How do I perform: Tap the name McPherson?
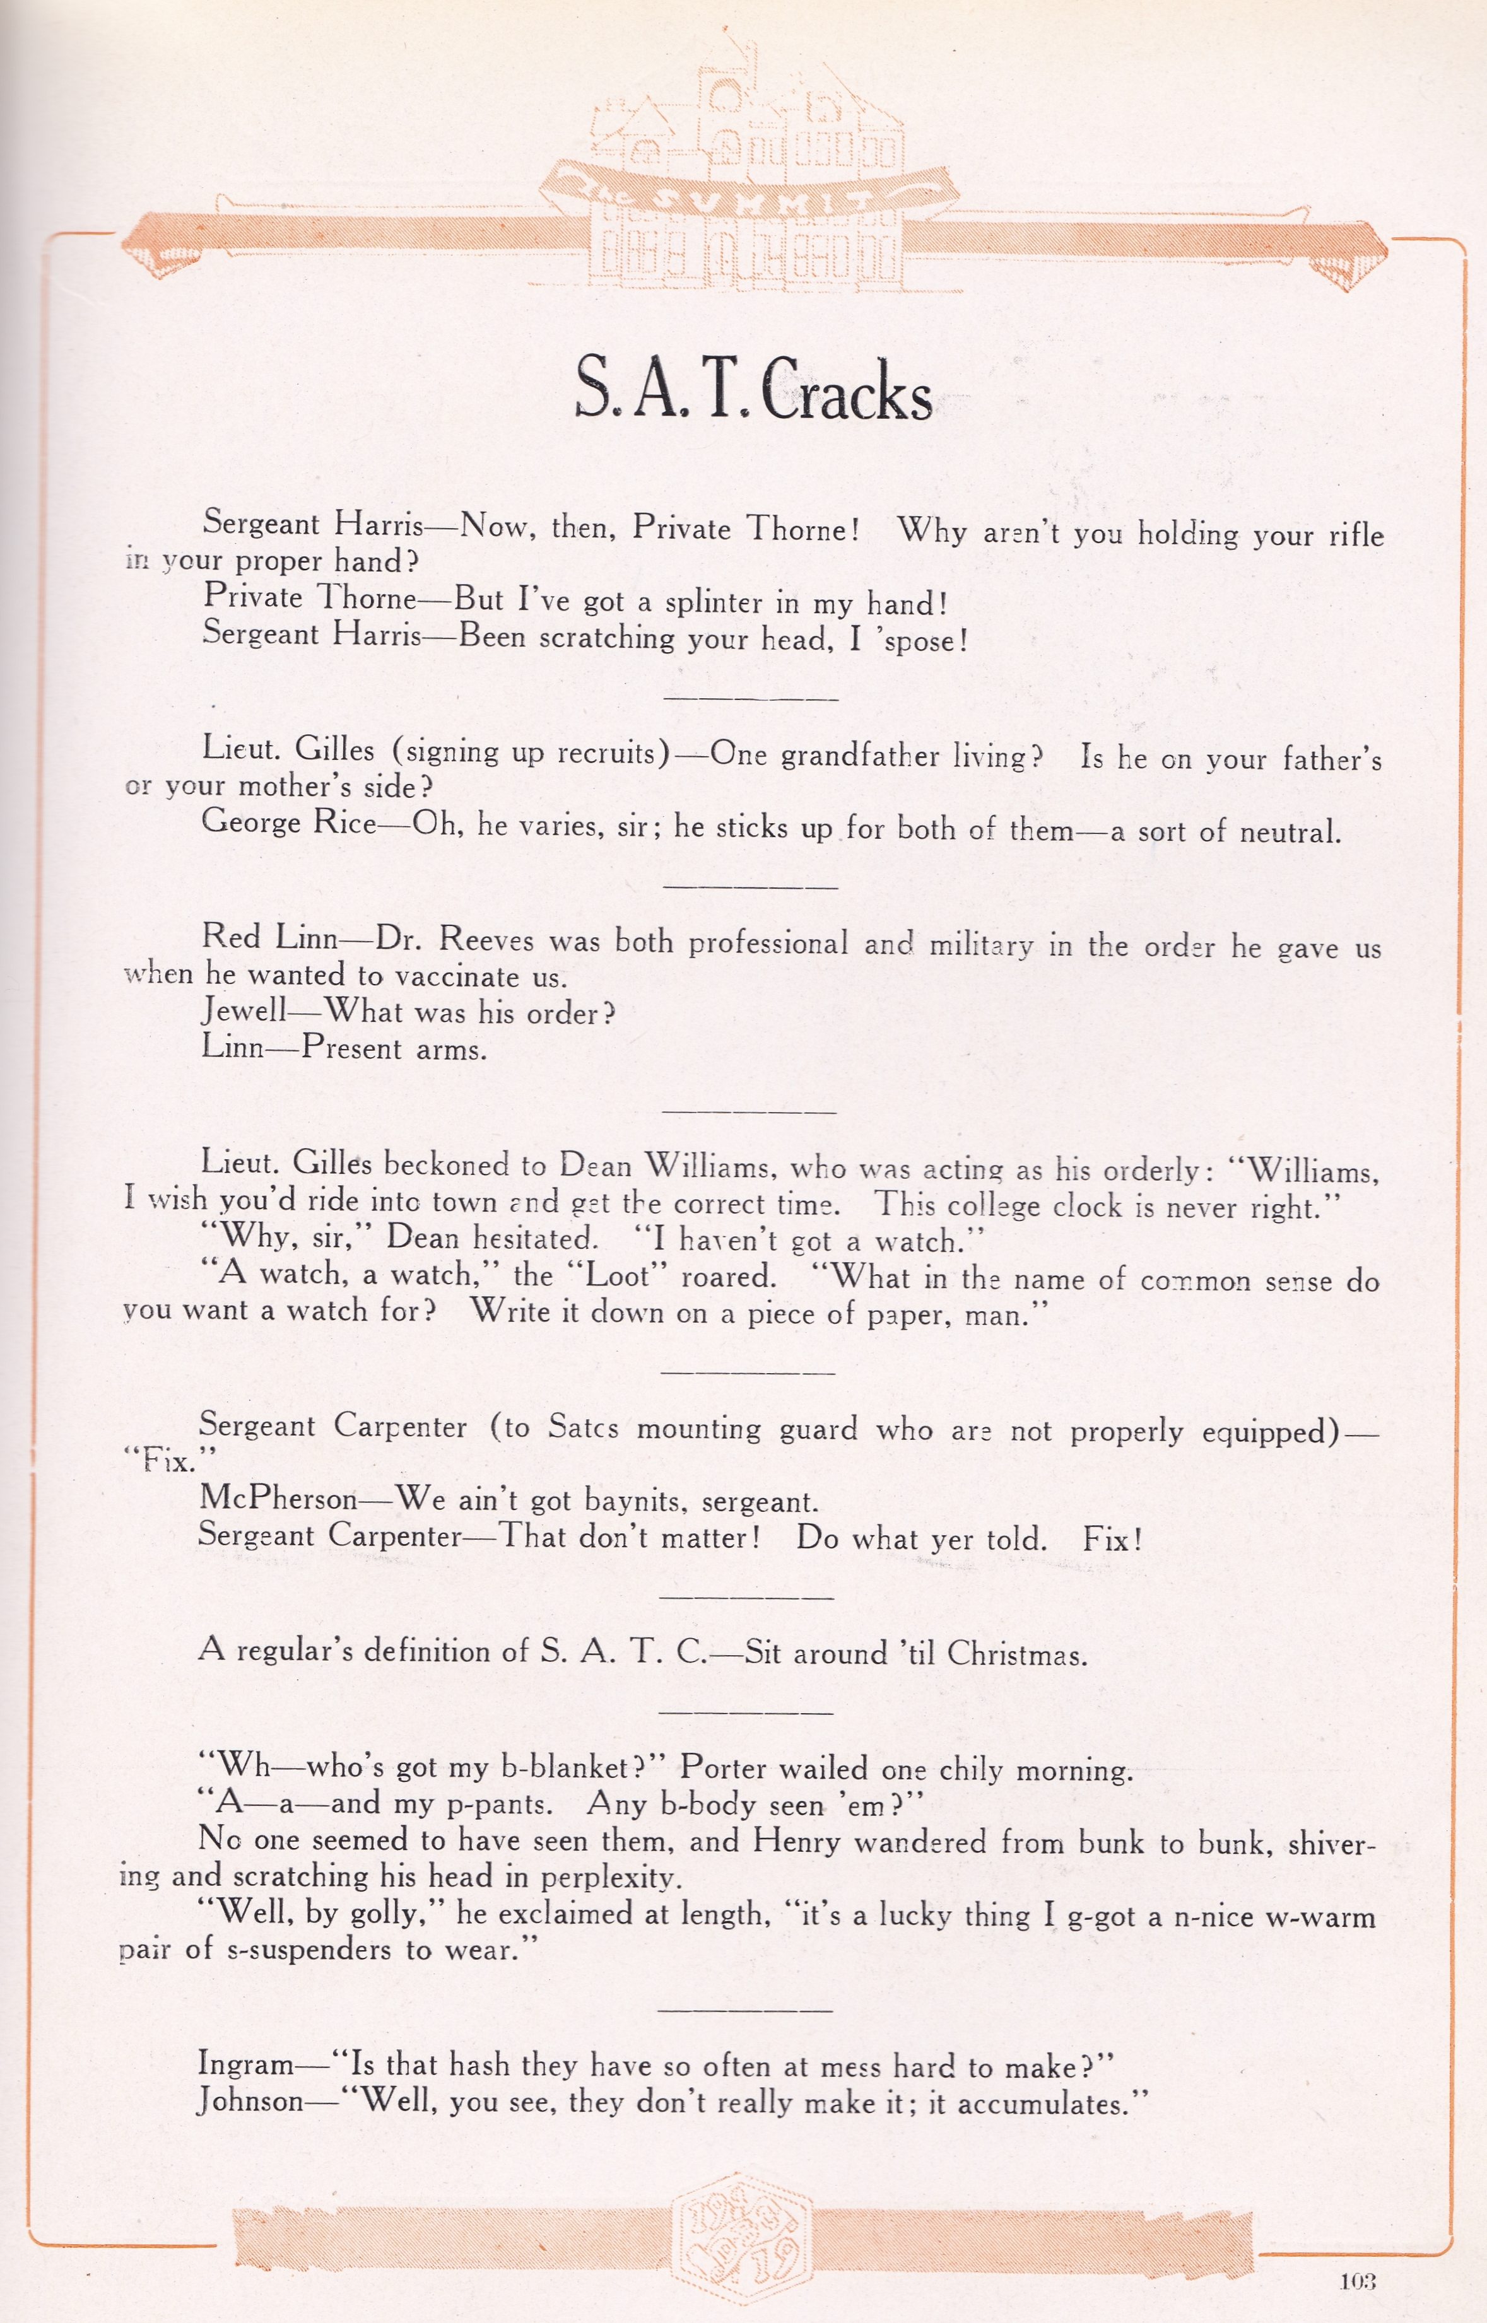(278, 1499)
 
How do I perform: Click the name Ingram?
(245, 2064)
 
